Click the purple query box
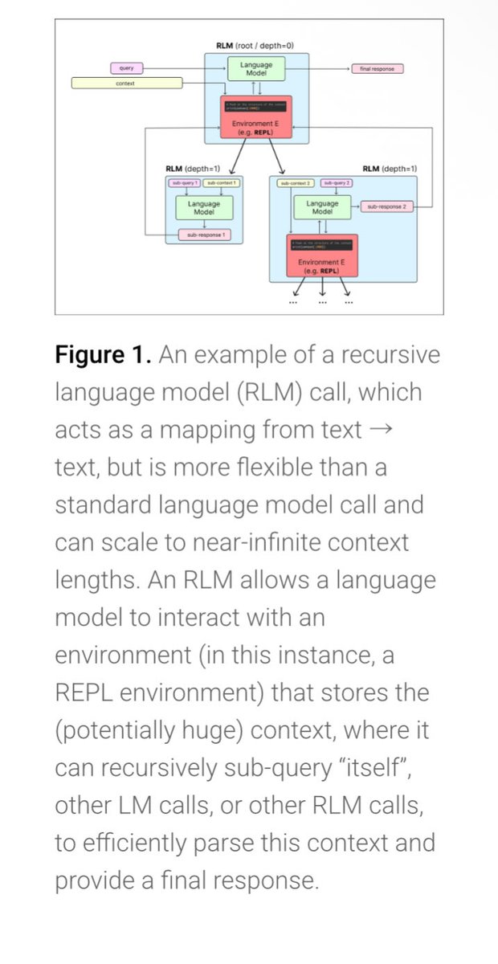click(127, 68)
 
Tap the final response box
click(377, 69)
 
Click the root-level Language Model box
click(256, 69)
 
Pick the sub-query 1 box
click(184, 184)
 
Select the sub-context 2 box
click(294, 184)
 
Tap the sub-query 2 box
click(337, 184)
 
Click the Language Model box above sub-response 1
click(198, 208)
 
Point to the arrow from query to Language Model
click(187, 68)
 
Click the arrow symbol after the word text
click(383, 431)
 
